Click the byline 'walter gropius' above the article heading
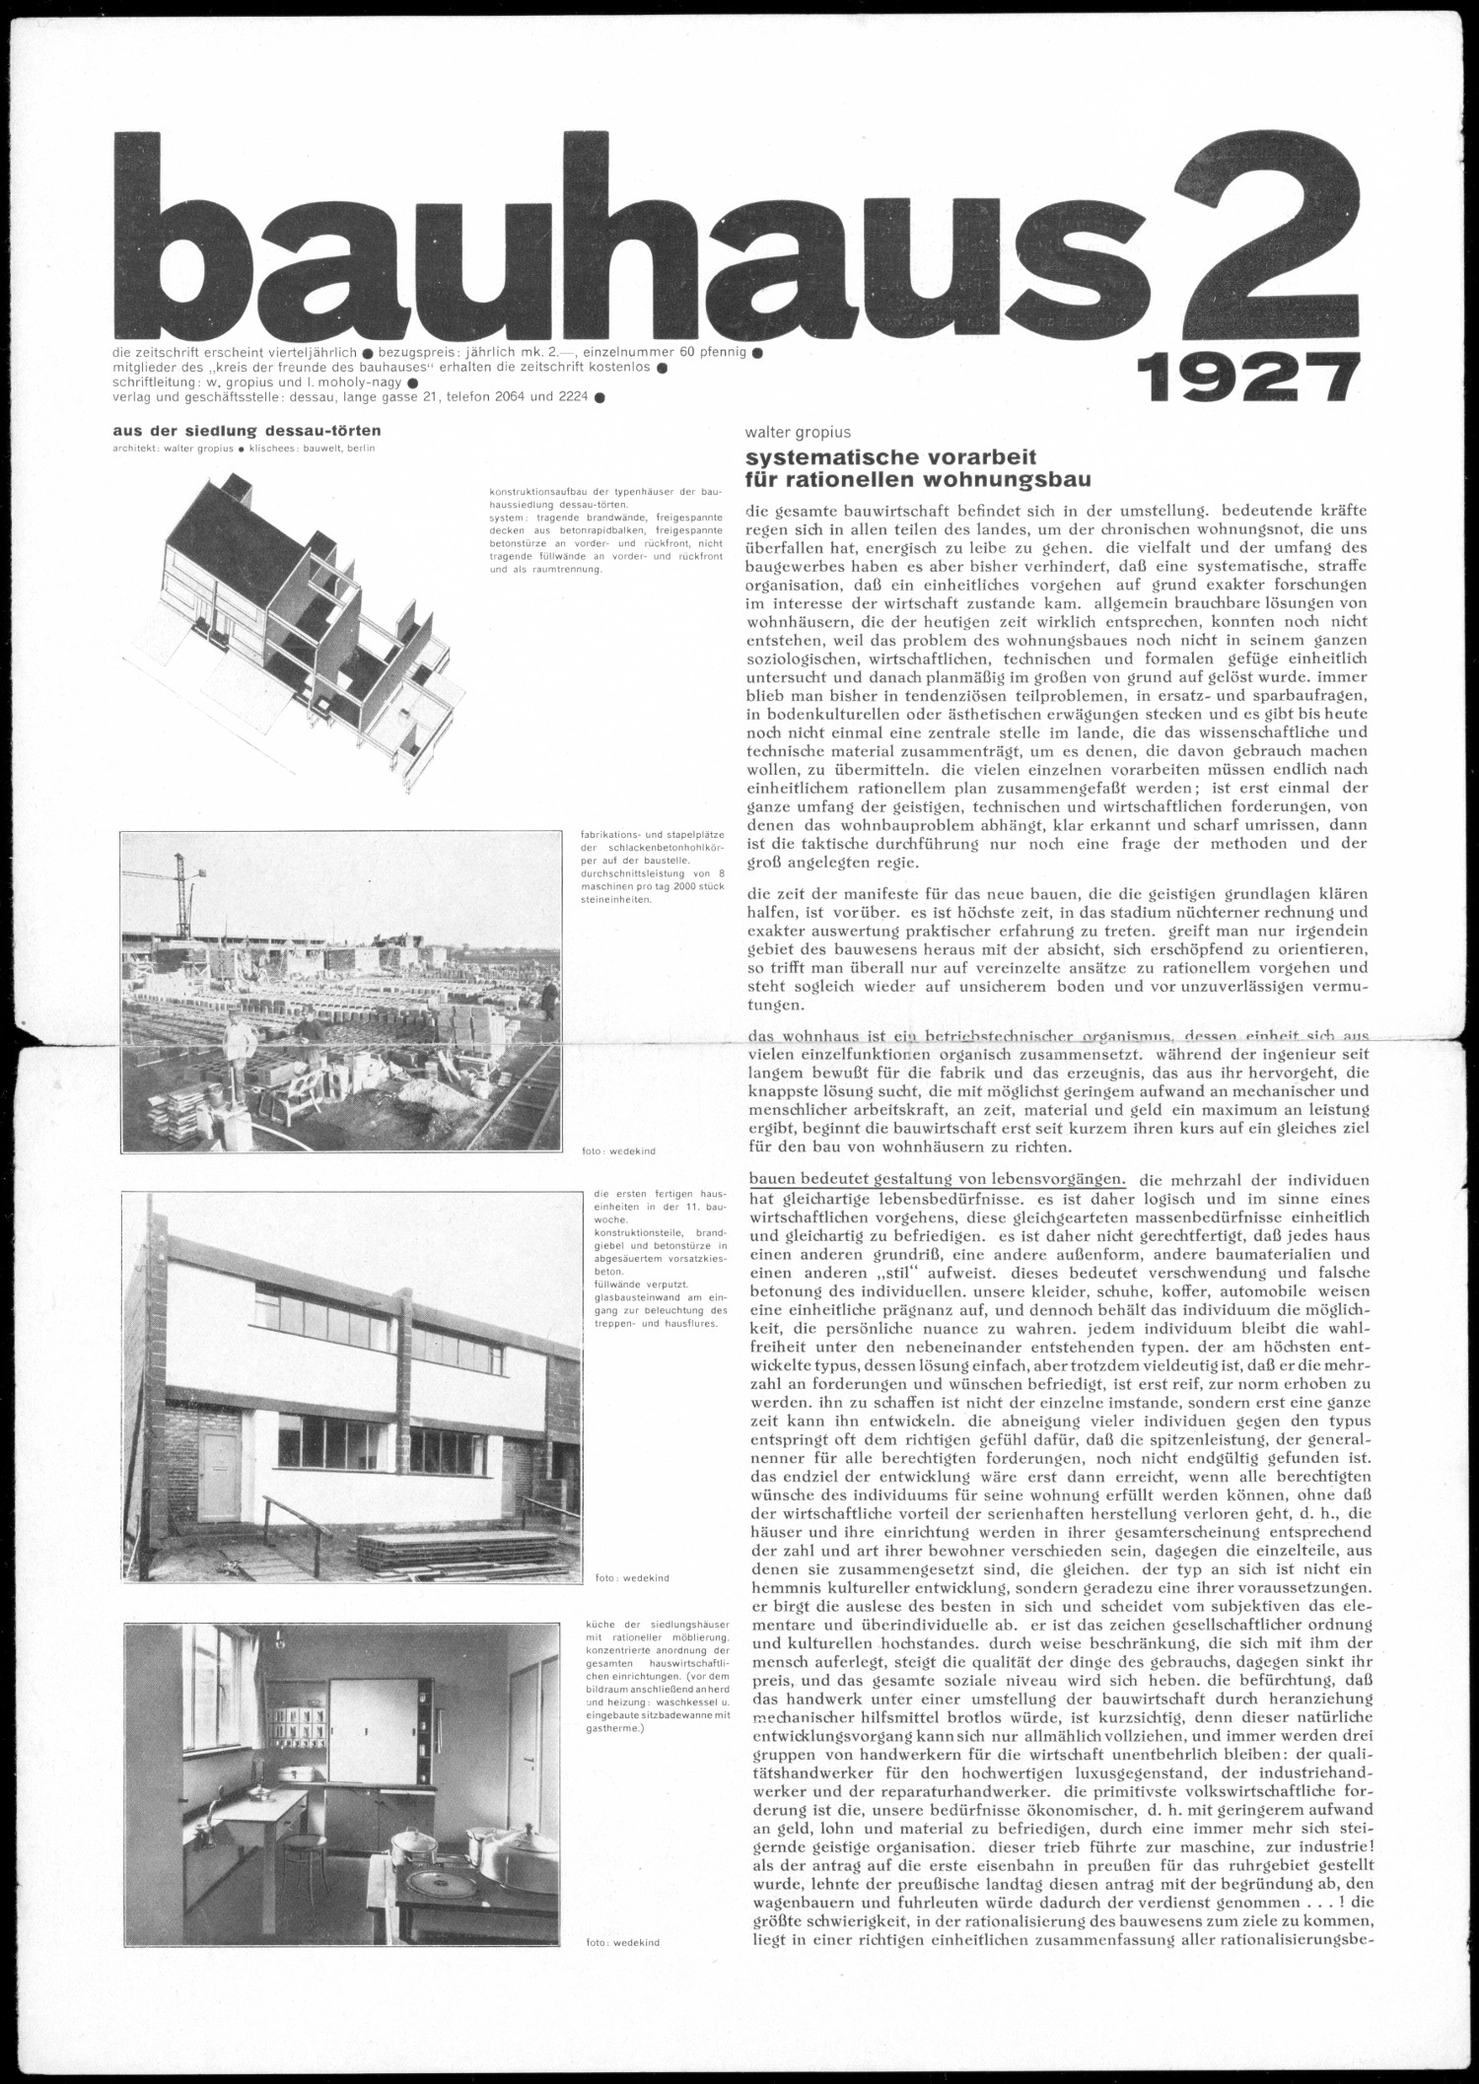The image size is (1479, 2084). (798, 432)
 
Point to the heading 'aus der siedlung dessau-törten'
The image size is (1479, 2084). (246, 430)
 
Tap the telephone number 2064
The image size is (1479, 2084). (524, 397)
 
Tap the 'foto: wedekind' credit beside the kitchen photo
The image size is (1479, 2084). (621, 1970)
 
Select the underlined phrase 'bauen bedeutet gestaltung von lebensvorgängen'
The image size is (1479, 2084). (937, 1179)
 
